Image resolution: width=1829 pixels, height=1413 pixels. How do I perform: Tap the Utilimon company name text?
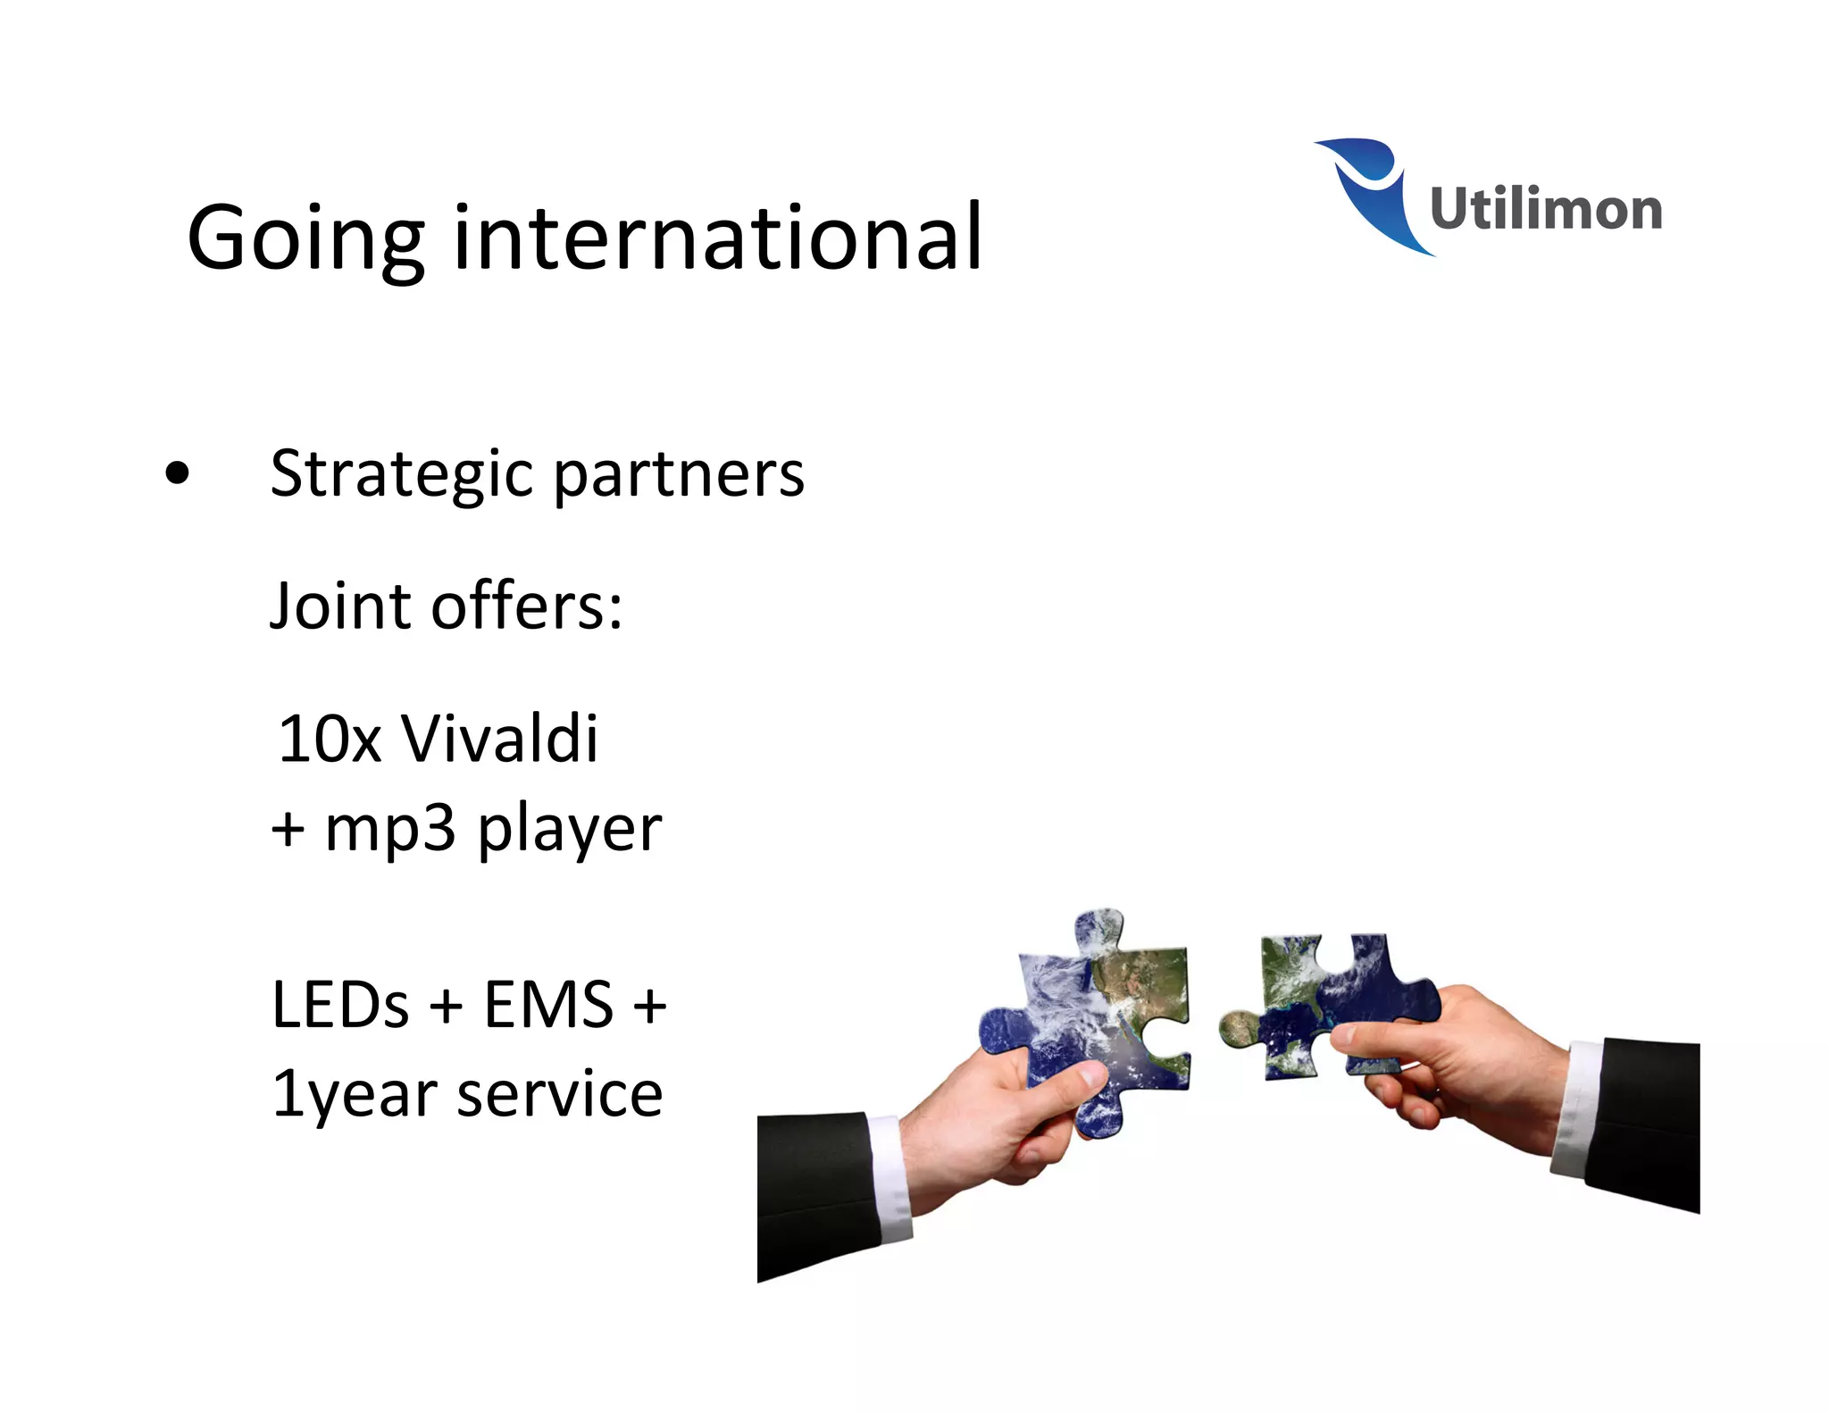tap(1545, 209)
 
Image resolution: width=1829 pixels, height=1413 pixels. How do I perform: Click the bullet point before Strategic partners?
tap(178, 474)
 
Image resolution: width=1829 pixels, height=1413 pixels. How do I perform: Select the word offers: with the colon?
tap(527, 606)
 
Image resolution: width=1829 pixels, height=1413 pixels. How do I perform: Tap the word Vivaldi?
tap(499, 740)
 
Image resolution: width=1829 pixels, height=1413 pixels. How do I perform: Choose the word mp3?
tap(389, 830)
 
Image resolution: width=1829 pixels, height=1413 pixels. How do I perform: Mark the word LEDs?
tap(340, 1006)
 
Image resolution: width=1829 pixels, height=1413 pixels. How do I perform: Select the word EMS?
tap(548, 1006)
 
